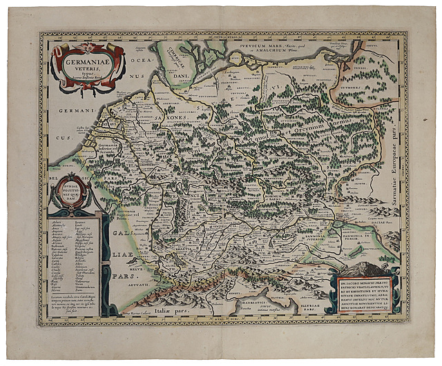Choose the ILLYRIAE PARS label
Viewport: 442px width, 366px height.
[311, 305]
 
